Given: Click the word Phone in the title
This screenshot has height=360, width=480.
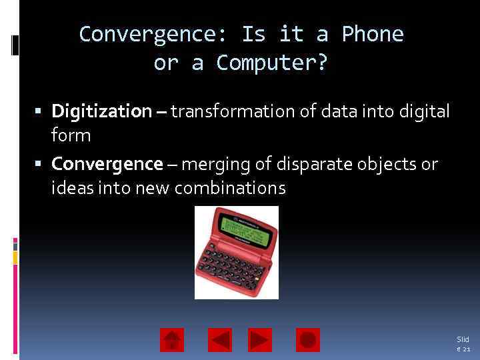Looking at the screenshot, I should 373,34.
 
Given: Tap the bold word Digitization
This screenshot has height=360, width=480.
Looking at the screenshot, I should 101,111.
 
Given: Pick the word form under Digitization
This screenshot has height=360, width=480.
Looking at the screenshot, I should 71,135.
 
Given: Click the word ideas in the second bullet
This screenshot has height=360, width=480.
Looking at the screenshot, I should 69,188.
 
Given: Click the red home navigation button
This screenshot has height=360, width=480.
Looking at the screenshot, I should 172,340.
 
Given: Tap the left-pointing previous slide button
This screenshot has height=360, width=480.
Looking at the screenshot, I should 220,340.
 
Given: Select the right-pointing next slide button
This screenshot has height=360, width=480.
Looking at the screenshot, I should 260,340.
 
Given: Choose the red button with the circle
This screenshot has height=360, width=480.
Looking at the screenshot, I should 308,340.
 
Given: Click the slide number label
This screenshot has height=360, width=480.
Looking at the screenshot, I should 463,344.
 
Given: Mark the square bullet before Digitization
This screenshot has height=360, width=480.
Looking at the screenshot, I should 41,111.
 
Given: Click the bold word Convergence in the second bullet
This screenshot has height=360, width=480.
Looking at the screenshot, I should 107,163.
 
